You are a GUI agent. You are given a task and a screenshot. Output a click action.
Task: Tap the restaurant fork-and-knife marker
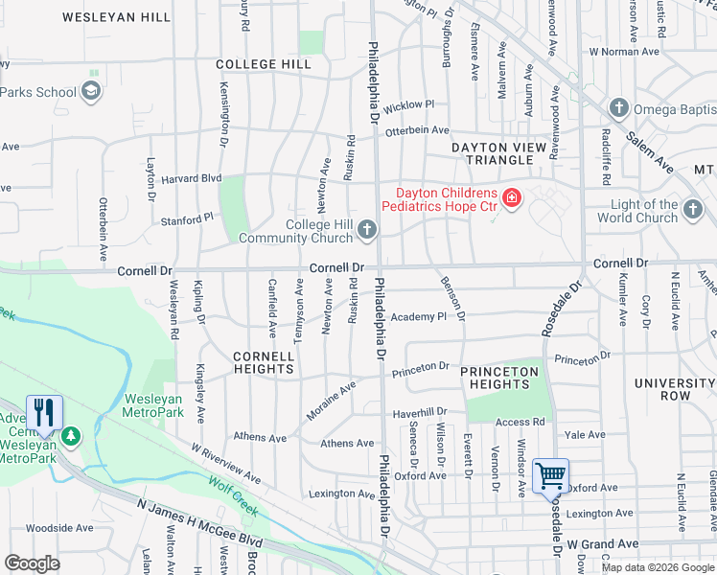point(44,413)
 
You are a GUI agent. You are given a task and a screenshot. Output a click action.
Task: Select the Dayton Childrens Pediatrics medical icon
point(512,198)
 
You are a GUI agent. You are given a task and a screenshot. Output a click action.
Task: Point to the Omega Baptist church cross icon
point(618,106)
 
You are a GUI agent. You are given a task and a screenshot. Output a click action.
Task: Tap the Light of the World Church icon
point(693,211)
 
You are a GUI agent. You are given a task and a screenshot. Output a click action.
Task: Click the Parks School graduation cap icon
point(91,92)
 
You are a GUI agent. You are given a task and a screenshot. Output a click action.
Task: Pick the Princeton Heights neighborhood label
point(499,378)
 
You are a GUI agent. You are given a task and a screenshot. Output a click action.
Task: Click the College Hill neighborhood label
point(264,64)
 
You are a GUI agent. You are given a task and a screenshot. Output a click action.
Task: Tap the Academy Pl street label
point(419,316)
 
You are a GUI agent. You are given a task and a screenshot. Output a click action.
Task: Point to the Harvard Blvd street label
point(191,178)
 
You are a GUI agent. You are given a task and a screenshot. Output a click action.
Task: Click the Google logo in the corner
point(32,563)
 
